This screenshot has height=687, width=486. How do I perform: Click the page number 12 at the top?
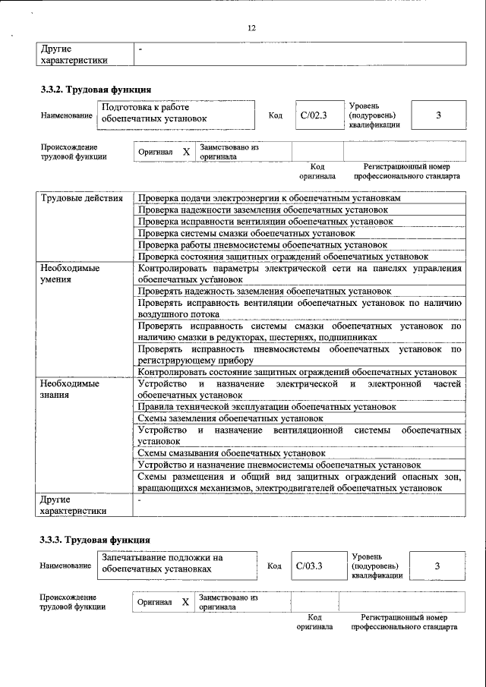coord(251,28)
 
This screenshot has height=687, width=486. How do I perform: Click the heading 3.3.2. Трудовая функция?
coord(90,90)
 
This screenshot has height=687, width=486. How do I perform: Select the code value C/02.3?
coord(312,116)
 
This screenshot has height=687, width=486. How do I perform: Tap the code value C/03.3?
coord(309,566)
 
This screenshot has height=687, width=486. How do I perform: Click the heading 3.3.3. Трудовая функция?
coord(90,540)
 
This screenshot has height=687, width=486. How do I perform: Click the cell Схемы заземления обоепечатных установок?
coord(226,418)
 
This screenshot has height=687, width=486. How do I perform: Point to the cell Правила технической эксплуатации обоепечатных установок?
coord(256,407)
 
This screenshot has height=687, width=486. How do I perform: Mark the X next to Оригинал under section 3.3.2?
coord(186,151)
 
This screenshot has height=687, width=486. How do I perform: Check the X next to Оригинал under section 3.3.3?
coord(185,601)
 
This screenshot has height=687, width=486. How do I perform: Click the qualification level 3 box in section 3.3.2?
coord(439,115)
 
